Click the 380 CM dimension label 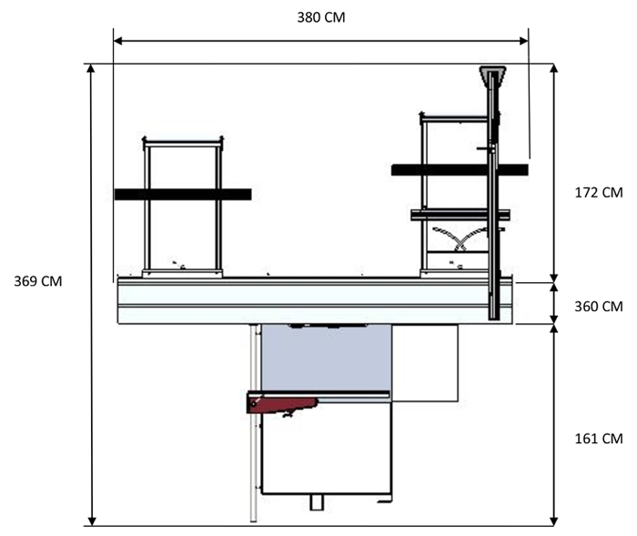[321, 17]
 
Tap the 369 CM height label [38, 281]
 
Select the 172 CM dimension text [599, 193]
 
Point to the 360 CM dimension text [599, 307]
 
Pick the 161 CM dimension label [599, 439]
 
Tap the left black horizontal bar [183, 194]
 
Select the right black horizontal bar [460, 170]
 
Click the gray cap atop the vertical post [493, 76]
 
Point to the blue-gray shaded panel [327, 358]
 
